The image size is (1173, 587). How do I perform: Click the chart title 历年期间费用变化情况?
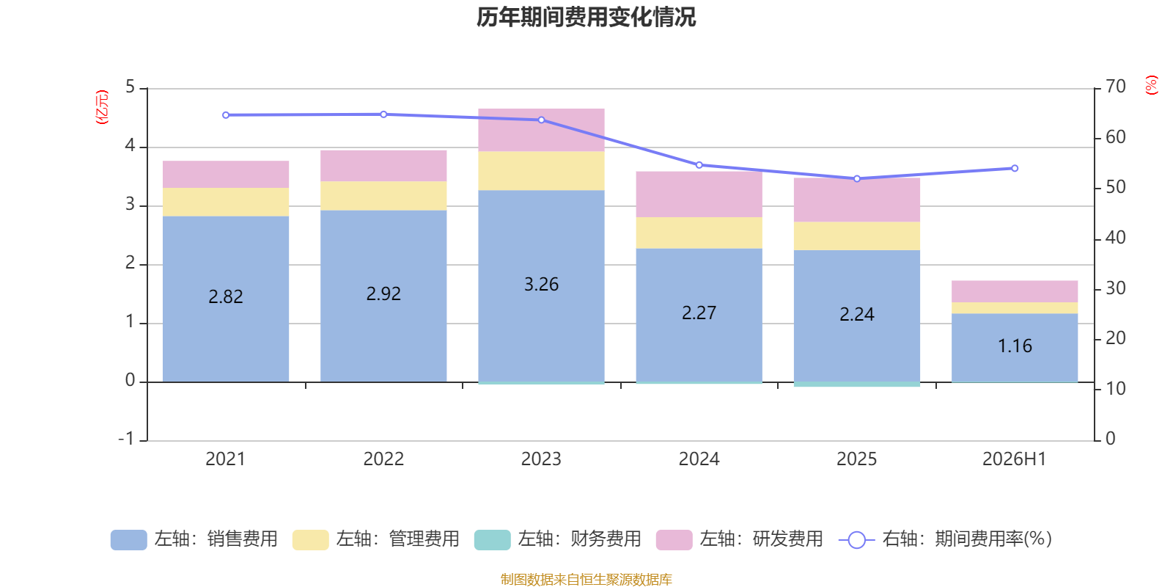[586, 18]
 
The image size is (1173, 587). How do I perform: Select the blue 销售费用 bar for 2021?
[226, 299]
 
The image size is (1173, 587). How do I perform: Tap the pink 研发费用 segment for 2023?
[542, 130]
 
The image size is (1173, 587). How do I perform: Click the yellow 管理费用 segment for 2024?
[699, 233]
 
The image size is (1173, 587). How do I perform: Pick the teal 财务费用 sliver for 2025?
[857, 384]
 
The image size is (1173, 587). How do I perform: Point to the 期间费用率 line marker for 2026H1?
[1015, 168]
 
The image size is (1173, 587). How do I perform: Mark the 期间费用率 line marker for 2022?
[384, 114]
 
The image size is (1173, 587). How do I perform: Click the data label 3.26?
[542, 284]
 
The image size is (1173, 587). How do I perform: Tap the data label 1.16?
[1015, 346]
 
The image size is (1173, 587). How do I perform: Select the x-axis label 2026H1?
[1015, 459]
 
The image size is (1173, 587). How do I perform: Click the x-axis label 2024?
[699, 459]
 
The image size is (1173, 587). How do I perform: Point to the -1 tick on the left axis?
[127, 439]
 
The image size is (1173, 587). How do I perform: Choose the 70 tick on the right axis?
[1116, 87]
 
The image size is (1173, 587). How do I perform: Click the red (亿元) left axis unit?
[102, 107]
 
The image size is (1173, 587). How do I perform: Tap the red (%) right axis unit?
[1151, 85]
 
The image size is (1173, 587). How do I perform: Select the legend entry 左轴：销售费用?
[194, 539]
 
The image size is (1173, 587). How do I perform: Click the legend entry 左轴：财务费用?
[558, 539]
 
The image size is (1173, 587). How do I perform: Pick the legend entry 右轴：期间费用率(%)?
[945, 539]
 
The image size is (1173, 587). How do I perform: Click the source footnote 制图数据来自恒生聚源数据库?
[586, 579]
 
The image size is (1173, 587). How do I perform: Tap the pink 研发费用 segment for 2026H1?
[1015, 291]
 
